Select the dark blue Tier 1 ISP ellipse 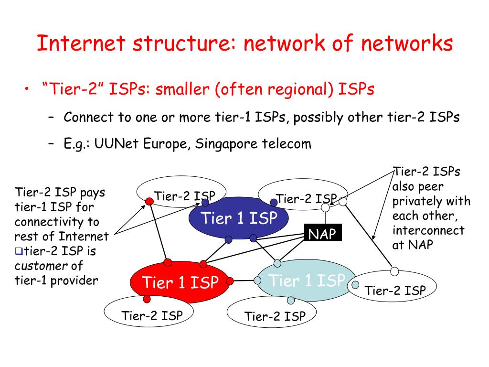pyautogui.click(x=239, y=218)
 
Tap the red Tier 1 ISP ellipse pyautogui.click(x=180, y=282)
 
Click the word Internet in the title pyautogui.click(x=81, y=43)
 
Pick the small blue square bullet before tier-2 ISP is pyautogui.click(x=18, y=250)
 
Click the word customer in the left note pyautogui.click(x=39, y=265)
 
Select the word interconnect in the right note pyautogui.click(x=428, y=230)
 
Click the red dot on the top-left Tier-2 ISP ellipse pyautogui.click(x=149, y=201)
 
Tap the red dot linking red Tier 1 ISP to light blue pyautogui.click(x=230, y=281)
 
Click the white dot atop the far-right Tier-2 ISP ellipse pyautogui.click(x=394, y=271)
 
